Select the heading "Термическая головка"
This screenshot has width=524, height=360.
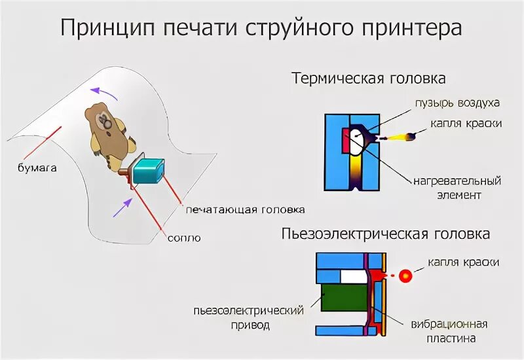point(369,79)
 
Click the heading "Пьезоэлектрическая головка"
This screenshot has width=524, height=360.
point(386,234)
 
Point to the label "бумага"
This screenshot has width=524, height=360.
point(37,168)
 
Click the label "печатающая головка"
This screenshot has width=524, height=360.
point(245,209)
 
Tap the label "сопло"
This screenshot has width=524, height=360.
point(185,238)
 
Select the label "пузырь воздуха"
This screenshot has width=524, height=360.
point(457,103)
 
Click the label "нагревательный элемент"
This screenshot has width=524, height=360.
point(457,187)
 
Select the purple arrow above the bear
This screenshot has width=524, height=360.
point(104,93)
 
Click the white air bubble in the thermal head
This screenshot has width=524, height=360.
point(358,141)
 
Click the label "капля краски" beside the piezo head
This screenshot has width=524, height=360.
point(464,262)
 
